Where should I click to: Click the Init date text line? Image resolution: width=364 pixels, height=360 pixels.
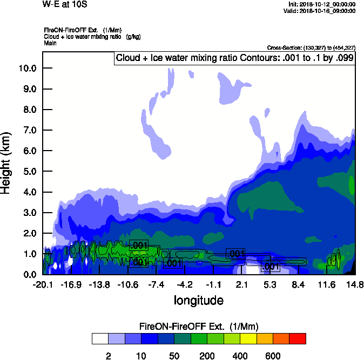tap(322, 4)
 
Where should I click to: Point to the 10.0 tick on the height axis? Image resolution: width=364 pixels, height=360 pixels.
tap(26, 68)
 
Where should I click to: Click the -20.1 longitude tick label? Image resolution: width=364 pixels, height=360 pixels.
tap(43, 284)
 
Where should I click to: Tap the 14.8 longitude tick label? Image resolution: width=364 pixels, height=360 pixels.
tap(354, 284)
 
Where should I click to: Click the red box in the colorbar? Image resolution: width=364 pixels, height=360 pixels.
tap(297, 338)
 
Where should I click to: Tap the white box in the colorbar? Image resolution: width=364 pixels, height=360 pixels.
tap(100, 338)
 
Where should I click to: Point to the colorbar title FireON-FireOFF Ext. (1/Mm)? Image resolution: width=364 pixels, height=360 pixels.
tap(199, 326)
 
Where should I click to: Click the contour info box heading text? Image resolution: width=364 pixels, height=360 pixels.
tap(235, 58)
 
